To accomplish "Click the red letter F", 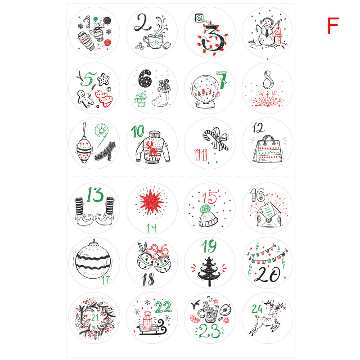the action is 333,26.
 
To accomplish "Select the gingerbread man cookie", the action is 85,99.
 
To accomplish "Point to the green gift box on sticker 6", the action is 140,99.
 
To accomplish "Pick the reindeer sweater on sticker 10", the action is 153,148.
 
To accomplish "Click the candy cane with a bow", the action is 216,139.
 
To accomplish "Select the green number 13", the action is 95,194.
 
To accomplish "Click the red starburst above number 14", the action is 151,202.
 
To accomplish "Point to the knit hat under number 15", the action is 208,216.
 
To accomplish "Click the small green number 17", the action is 106,280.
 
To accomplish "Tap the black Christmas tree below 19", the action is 209,271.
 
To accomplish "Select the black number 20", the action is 267,274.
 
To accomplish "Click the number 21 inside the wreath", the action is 95,317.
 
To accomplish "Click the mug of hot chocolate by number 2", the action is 153,40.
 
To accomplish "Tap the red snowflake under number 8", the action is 268,99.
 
